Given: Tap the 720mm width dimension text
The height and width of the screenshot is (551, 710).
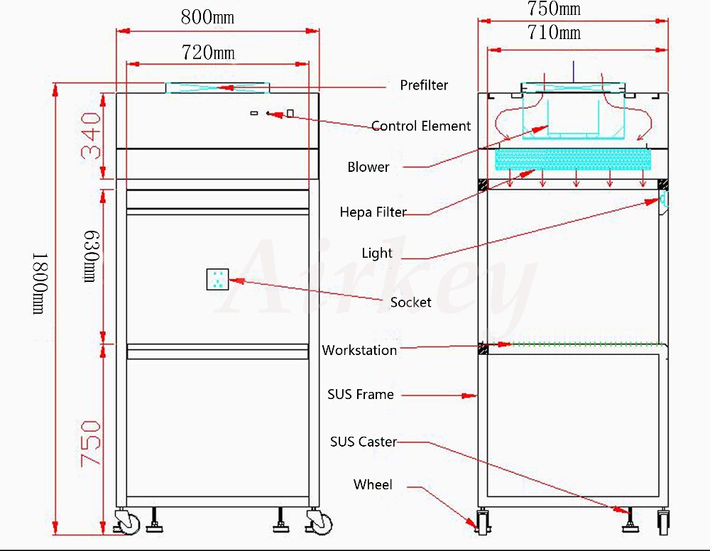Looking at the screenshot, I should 208,53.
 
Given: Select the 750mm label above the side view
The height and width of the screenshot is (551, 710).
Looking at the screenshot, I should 554,9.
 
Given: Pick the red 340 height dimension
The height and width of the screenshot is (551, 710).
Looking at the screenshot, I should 92,135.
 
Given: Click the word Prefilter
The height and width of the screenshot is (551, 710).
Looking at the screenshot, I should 424,85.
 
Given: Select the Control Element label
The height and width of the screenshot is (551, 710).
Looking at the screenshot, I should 421,126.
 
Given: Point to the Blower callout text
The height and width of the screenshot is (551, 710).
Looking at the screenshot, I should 368,168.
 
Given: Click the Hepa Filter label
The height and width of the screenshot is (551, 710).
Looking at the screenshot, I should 373,212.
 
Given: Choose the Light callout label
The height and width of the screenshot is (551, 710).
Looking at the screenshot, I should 377,253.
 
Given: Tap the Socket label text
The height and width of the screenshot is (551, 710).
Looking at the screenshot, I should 410,302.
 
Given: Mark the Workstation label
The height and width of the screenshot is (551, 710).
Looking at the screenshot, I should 359,350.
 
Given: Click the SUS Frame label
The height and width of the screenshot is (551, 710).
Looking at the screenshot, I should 360,395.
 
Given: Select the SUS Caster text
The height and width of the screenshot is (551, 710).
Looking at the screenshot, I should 363,442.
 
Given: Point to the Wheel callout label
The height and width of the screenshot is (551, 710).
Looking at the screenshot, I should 373,485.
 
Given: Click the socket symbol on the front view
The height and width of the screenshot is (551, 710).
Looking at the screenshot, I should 217,280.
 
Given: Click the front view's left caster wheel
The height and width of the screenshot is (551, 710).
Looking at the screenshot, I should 129,523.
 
